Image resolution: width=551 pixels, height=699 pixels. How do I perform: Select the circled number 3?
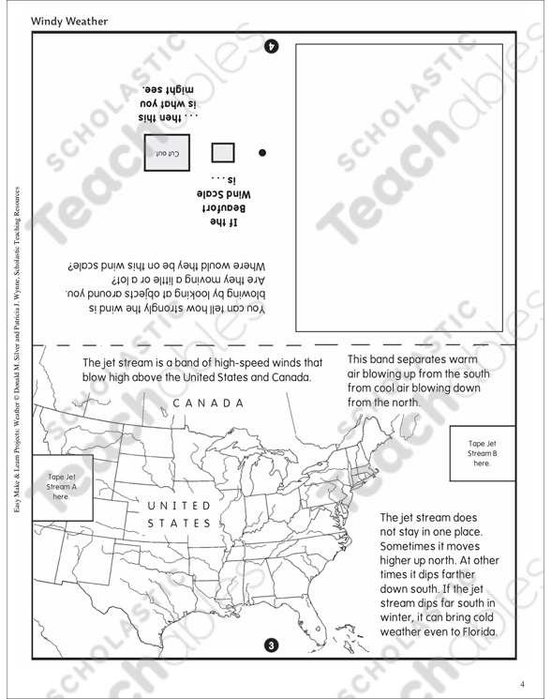(272, 645)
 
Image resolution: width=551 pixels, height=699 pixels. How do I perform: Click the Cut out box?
(167, 152)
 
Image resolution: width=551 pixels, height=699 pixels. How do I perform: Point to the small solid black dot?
(262, 152)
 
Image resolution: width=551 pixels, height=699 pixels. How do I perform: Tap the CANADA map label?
(207, 403)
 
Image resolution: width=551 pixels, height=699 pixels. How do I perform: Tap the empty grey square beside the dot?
(223, 153)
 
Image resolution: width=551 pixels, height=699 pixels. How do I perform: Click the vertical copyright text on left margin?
(16, 357)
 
